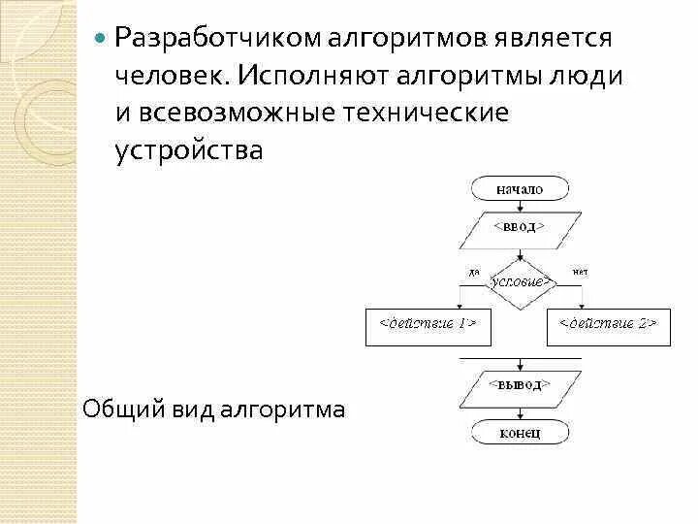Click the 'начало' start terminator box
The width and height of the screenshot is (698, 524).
520,189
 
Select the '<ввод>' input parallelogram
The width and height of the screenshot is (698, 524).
520,227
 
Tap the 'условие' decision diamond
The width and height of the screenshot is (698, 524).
521,281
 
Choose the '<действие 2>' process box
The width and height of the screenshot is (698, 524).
608,322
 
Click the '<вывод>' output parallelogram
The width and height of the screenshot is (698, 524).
520,386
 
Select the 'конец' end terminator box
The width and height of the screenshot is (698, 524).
520,431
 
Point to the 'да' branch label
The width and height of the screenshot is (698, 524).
474,273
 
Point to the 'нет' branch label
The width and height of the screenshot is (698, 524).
581,273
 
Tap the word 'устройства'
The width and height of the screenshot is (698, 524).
188,149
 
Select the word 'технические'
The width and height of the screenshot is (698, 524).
427,113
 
